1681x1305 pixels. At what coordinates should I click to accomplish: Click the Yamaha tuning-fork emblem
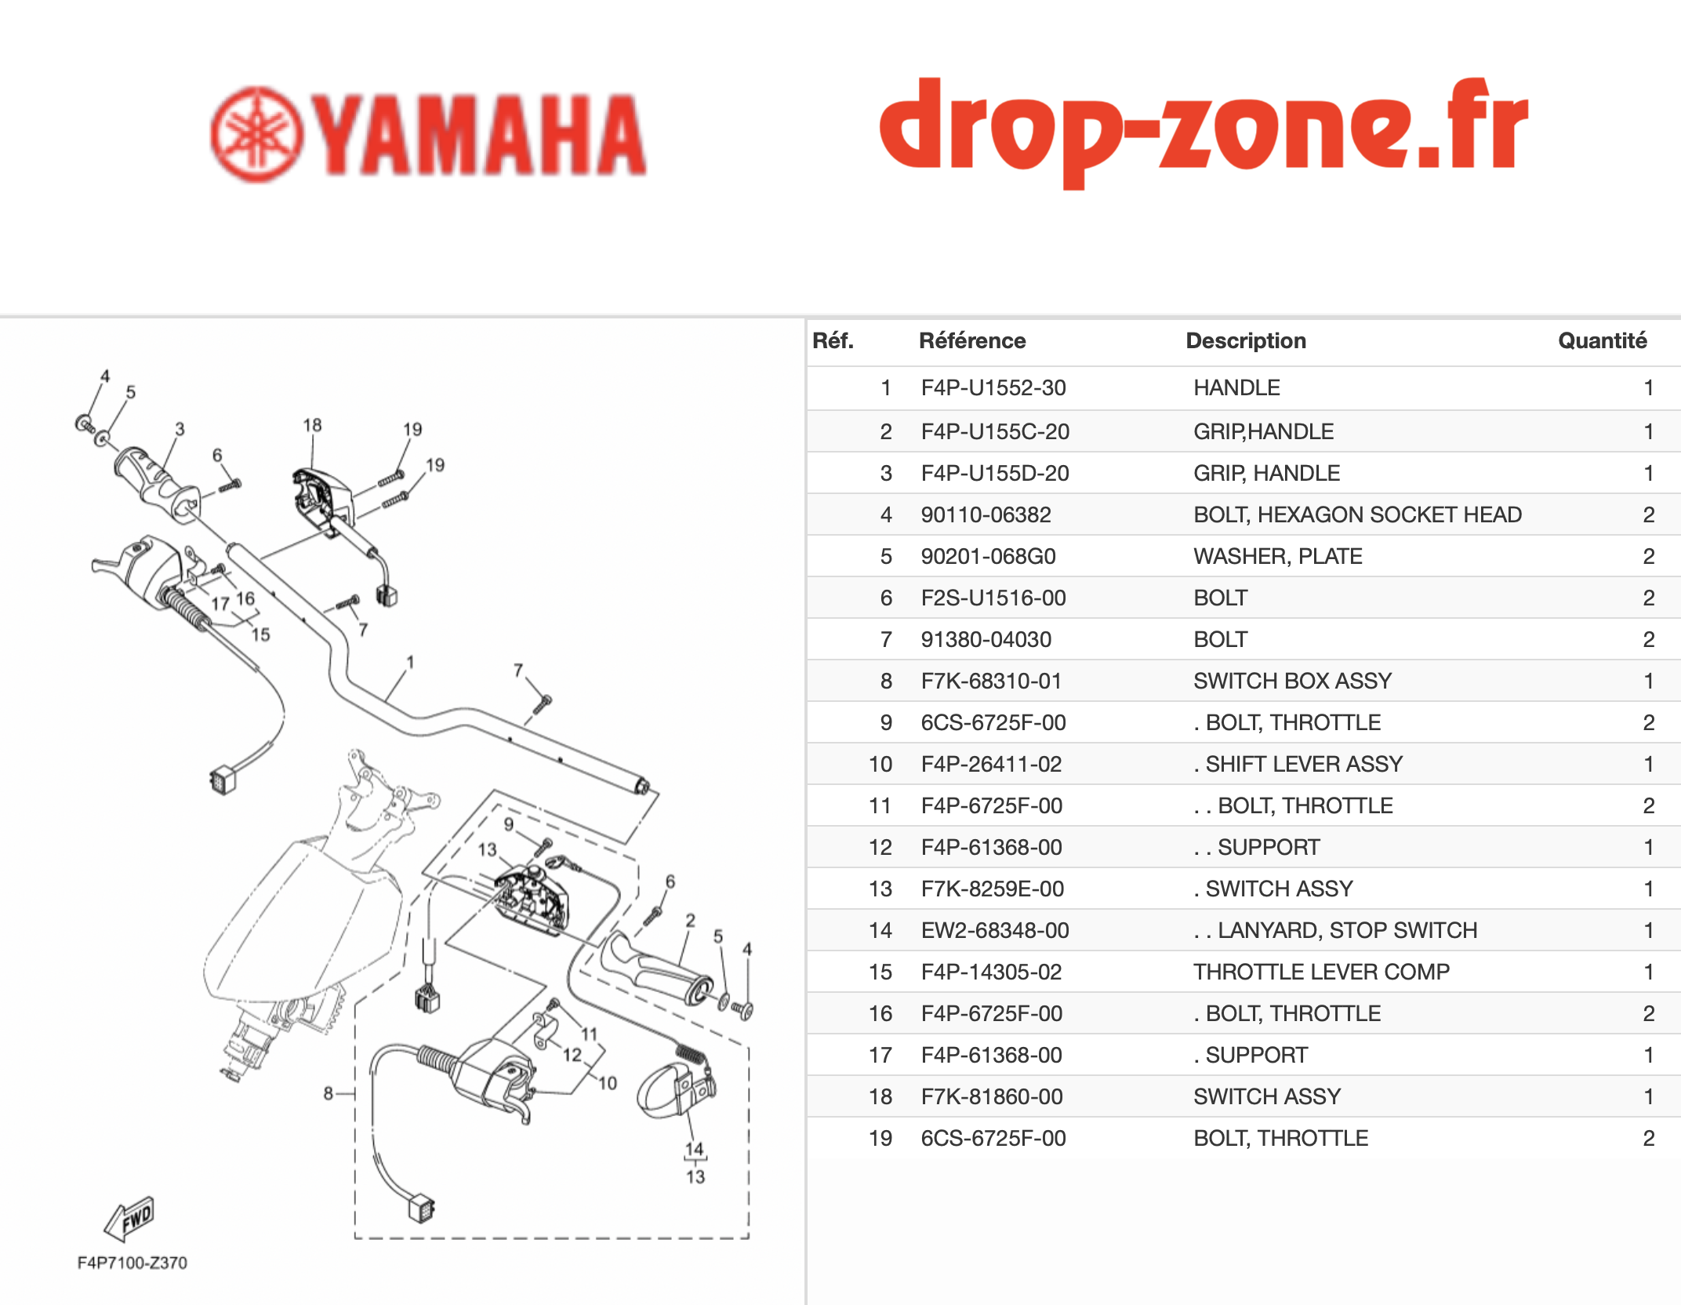point(257,135)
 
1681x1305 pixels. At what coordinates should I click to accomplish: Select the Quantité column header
point(1602,340)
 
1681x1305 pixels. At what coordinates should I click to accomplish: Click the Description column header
point(1246,340)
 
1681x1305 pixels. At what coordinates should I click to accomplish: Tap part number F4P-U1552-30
point(993,387)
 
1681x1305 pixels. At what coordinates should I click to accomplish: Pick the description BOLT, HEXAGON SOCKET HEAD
point(1357,514)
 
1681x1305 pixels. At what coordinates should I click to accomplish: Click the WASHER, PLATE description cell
point(1278,556)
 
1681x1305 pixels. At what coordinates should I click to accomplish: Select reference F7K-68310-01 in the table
point(992,681)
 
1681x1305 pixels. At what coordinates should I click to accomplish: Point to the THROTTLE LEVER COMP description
point(1321,972)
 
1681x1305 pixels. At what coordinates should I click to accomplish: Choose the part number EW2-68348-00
point(995,930)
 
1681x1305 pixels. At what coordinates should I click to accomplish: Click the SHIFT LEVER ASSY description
point(1298,764)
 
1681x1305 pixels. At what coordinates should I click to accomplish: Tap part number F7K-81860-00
point(992,1096)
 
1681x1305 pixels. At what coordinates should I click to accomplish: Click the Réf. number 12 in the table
point(880,847)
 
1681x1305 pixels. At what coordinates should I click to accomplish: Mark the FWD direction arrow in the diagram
point(129,1219)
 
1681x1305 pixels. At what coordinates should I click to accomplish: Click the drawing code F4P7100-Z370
point(132,1263)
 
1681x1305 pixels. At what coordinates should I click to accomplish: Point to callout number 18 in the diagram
point(312,425)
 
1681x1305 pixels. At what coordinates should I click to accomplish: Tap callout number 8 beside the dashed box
point(329,1092)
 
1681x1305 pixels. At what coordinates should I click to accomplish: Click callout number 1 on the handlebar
point(410,662)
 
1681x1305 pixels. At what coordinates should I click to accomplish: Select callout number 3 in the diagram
point(180,429)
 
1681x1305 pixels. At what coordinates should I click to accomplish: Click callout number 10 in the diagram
point(608,1083)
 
